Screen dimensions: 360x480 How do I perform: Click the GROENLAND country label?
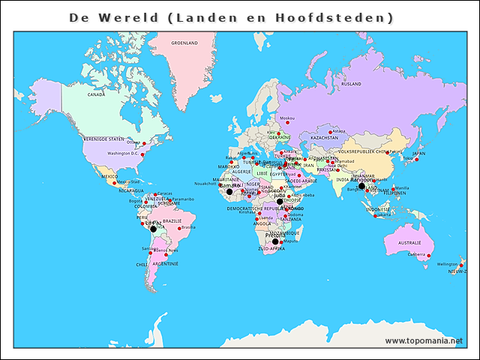(184, 43)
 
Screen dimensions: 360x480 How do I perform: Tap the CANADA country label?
(96, 95)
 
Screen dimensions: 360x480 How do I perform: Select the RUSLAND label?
(351, 84)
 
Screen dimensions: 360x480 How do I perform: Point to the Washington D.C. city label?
(122, 153)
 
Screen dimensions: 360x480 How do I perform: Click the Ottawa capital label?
(133, 142)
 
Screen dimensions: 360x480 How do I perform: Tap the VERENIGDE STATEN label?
(103, 139)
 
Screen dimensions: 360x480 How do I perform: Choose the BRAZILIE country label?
(172, 221)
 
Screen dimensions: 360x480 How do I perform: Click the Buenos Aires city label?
(166, 250)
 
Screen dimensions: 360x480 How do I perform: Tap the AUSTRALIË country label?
(409, 243)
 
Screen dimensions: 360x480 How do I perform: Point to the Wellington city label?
(447, 264)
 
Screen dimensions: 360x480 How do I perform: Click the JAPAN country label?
(418, 154)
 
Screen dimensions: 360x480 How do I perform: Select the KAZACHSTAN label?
(325, 138)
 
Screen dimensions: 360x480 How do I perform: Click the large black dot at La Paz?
(153, 229)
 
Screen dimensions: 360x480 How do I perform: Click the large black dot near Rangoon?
(361, 186)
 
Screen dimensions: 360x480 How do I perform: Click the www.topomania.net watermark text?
(424, 340)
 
